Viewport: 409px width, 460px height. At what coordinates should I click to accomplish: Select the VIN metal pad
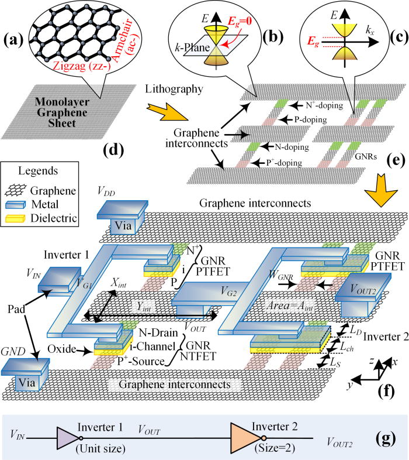pos(58,280)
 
